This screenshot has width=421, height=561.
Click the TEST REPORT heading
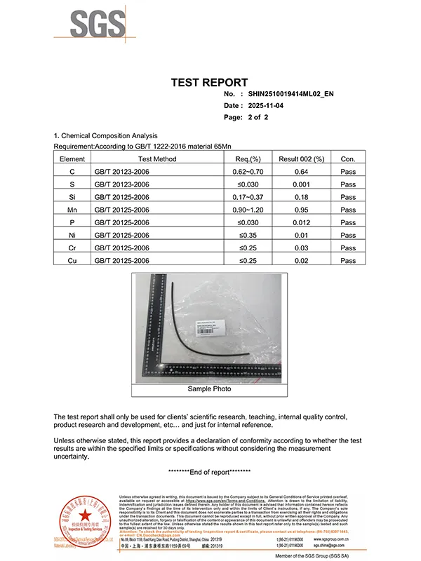pos(209,83)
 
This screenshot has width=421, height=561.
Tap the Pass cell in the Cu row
pos(348,260)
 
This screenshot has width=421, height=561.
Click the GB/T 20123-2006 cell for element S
pos(122,184)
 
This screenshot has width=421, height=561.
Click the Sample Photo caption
pos(209,388)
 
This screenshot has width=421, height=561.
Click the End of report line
pos(210,472)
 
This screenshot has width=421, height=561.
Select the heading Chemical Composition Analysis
pos(109,135)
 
